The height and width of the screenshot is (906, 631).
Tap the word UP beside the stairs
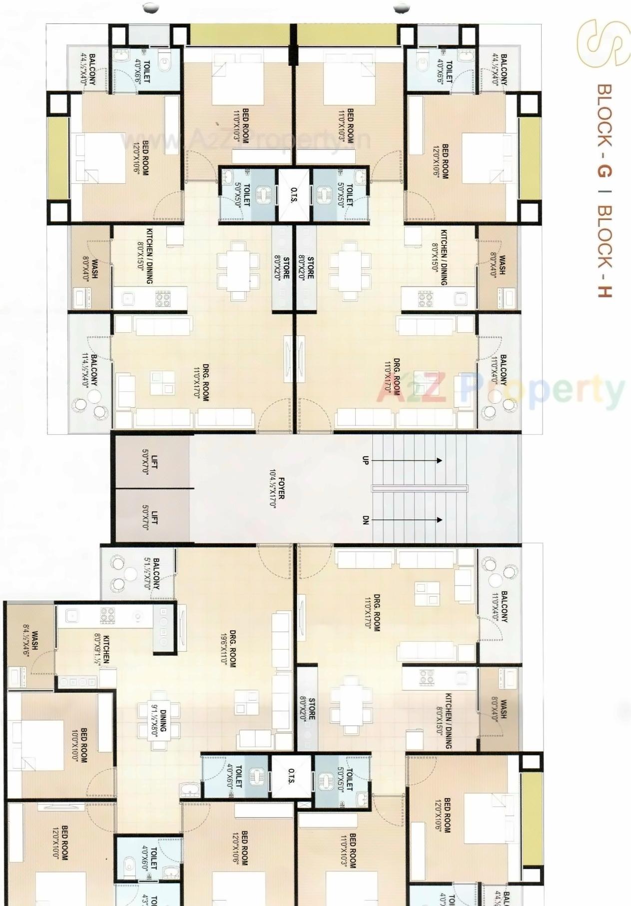[x=365, y=460]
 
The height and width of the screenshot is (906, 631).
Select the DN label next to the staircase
[x=365, y=520]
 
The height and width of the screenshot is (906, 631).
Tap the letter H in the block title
[x=605, y=289]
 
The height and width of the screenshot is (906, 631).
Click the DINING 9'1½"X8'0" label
[x=159, y=718]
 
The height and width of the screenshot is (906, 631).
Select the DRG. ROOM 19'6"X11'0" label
[x=228, y=648]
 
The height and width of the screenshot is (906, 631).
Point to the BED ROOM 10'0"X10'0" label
[x=80, y=744]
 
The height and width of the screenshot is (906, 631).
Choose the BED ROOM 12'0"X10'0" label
[x=60, y=843]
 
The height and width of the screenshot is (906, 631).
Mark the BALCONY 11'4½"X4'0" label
[x=89, y=370]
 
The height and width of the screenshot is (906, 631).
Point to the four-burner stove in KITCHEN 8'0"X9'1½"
[x=107, y=616]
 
